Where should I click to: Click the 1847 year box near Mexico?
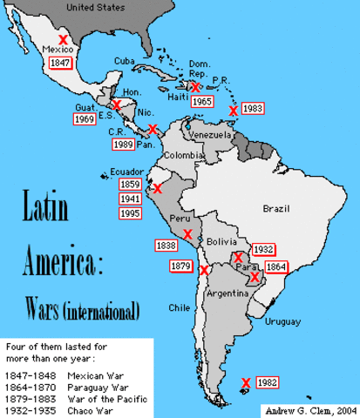tap(60, 63)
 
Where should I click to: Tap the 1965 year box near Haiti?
tap(202, 102)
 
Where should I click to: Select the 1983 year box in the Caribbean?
tap(252, 108)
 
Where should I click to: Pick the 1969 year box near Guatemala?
tap(85, 118)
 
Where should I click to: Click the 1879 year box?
tap(180, 265)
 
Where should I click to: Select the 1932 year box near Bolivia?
tap(263, 248)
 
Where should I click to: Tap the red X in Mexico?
tap(63, 39)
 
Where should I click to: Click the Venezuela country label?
tap(210, 137)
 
